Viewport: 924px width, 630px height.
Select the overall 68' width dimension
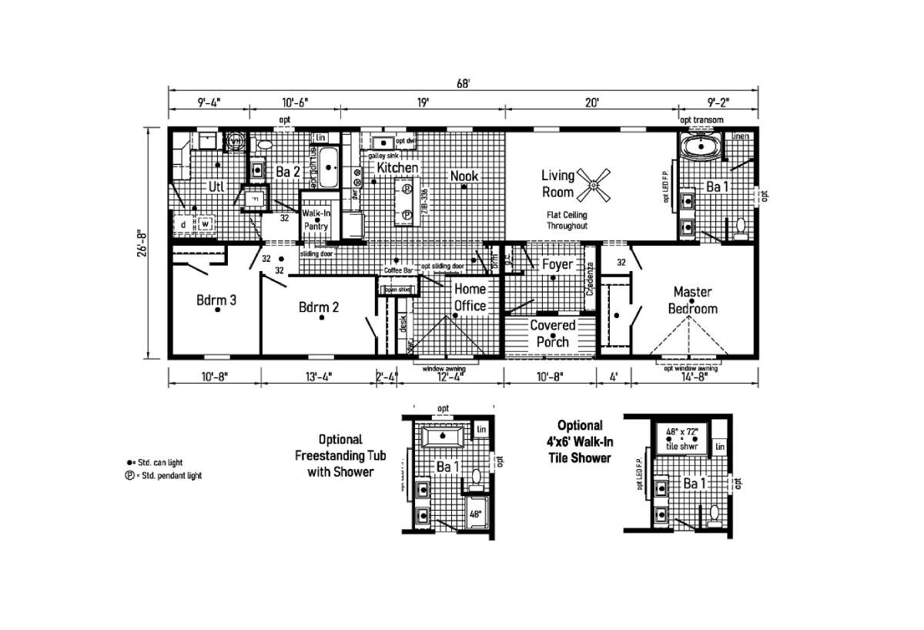click(463, 85)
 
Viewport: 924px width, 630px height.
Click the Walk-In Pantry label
click(316, 219)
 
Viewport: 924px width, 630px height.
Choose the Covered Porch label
click(551, 333)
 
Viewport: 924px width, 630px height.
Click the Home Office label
click(469, 297)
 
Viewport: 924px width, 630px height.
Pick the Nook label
click(464, 176)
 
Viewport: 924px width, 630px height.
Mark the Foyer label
click(557, 265)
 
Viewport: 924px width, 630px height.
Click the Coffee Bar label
click(399, 271)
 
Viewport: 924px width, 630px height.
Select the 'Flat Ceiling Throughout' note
click(567, 221)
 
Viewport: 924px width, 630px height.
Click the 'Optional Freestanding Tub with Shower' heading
click(340, 455)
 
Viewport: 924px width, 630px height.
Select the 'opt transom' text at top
click(700, 119)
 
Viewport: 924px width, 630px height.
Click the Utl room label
click(216, 186)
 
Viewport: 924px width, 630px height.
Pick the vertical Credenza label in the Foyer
click(591, 280)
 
